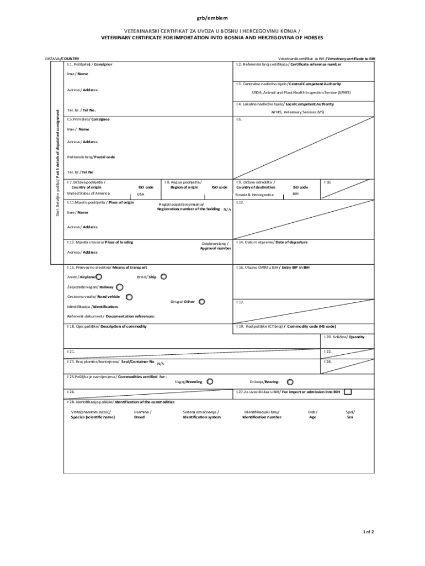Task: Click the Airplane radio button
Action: coord(98,276)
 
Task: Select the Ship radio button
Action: coord(163,276)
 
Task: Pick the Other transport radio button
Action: coord(201,302)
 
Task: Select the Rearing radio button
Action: coord(290,381)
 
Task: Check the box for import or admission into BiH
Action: coord(348,392)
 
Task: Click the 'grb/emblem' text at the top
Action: coord(212,18)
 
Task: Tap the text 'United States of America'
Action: coord(88,193)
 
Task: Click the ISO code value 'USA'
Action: coord(141,195)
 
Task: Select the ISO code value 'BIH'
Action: coord(296,194)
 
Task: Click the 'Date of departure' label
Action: coord(291,242)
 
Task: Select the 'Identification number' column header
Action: coord(262,417)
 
